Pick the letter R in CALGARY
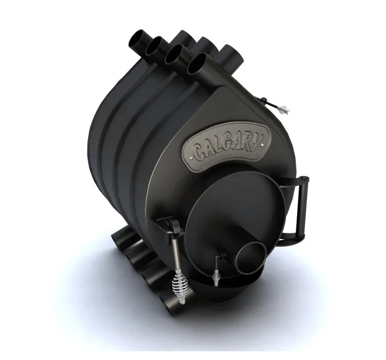click(247, 145)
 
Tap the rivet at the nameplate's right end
click(264, 144)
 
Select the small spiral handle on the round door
click(216, 277)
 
